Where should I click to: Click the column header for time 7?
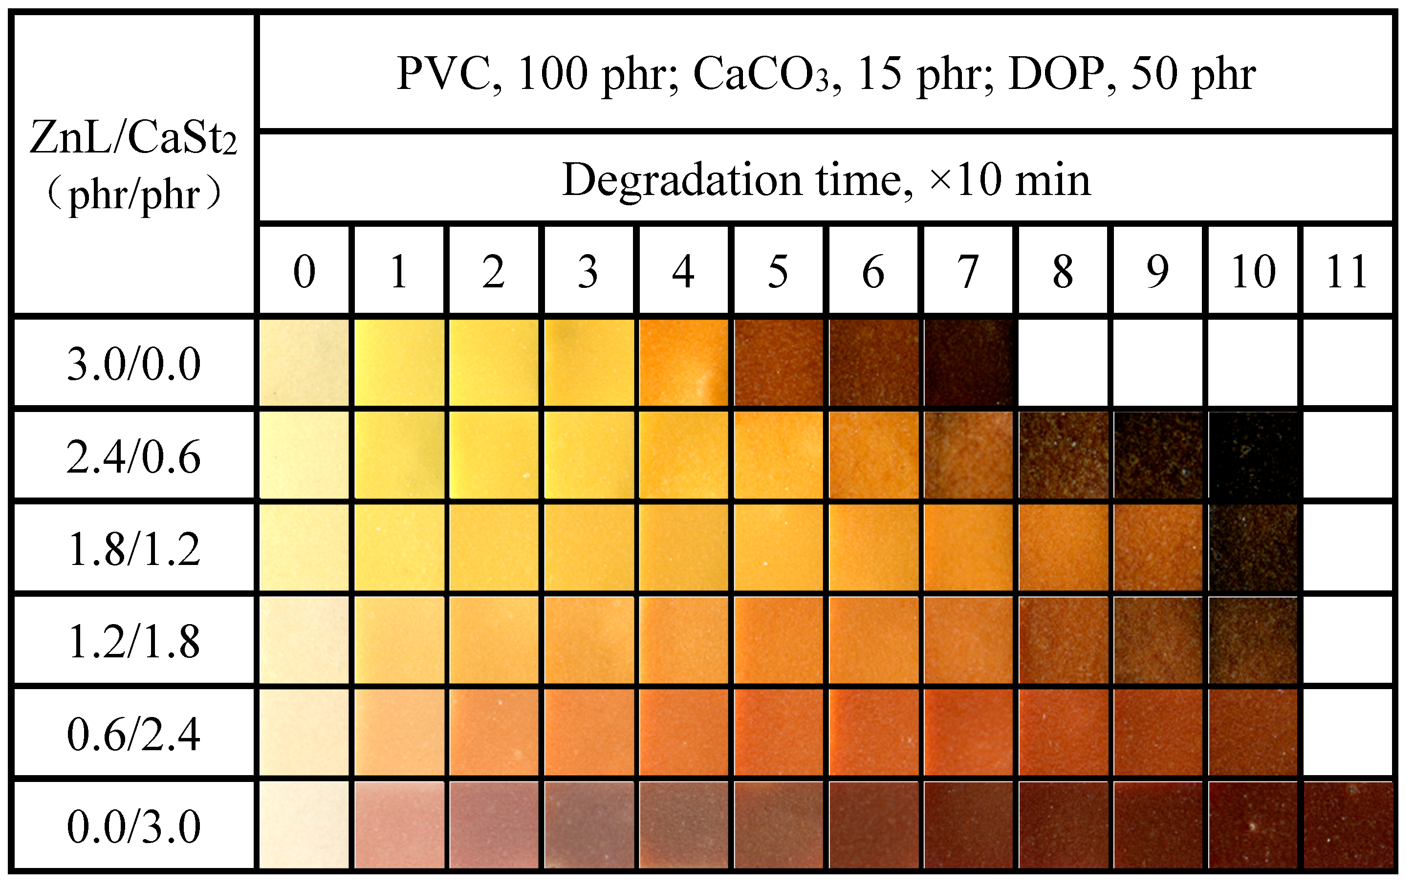(968, 271)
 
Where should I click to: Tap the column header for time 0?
(305, 271)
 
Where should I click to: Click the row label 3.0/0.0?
(134, 364)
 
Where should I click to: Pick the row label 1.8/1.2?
(134, 549)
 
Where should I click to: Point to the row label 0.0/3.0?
(134, 826)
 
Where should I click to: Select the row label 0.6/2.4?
(134, 734)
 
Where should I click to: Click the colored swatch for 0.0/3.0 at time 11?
(1348, 825)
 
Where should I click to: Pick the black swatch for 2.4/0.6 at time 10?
(1253, 455)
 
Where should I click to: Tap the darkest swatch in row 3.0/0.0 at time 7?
(968, 363)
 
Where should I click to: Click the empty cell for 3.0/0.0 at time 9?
(1157, 363)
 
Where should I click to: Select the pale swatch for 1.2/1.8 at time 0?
(305, 640)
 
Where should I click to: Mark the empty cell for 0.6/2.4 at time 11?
(1348, 733)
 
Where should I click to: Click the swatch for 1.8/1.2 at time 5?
(779, 547)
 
